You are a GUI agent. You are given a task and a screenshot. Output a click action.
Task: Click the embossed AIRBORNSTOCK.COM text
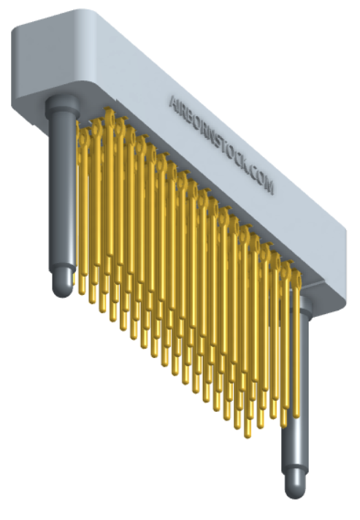click(x=220, y=143)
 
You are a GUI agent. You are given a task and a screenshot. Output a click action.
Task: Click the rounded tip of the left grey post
click(x=64, y=285)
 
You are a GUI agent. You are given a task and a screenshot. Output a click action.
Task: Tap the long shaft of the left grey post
click(x=61, y=190)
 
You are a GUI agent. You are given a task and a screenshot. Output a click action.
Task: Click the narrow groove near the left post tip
click(x=63, y=269)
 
